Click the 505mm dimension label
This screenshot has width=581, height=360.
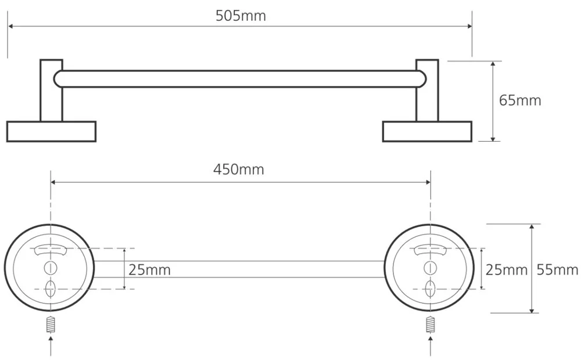pyautogui.click(x=241, y=16)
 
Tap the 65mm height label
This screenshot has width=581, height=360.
pyautogui.click(x=520, y=100)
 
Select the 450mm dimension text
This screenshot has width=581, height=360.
pyautogui.click(x=239, y=170)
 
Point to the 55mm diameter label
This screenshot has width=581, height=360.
pyautogui.click(x=557, y=269)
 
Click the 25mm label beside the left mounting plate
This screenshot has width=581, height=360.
pyautogui.click(x=150, y=270)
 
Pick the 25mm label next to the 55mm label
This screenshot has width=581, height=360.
pyautogui.click(x=507, y=270)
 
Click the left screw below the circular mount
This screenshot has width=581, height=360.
pyautogui.click(x=51, y=325)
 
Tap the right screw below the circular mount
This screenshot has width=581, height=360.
pyautogui.click(x=430, y=325)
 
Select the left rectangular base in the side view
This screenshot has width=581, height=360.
pyautogui.click(x=52, y=131)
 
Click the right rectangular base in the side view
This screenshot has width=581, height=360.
pyautogui.click(x=427, y=131)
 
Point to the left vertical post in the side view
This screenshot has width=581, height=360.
pyautogui.click(x=51, y=91)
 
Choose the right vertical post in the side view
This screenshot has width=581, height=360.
pyautogui.click(x=427, y=91)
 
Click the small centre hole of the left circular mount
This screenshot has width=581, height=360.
pyautogui.click(x=51, y=268)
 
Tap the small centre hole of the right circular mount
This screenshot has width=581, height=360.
pyautogui.click(x=430, y=268)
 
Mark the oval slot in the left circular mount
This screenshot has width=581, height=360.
pyautogui.click(x=51, y=289)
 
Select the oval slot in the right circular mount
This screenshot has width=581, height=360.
pyautogui.click(x=430, y=289)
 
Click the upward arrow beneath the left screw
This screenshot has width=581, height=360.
pyautogui.click(x=51, y=345)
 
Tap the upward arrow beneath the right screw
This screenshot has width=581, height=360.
pyautogui.click(x=430, y=345)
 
